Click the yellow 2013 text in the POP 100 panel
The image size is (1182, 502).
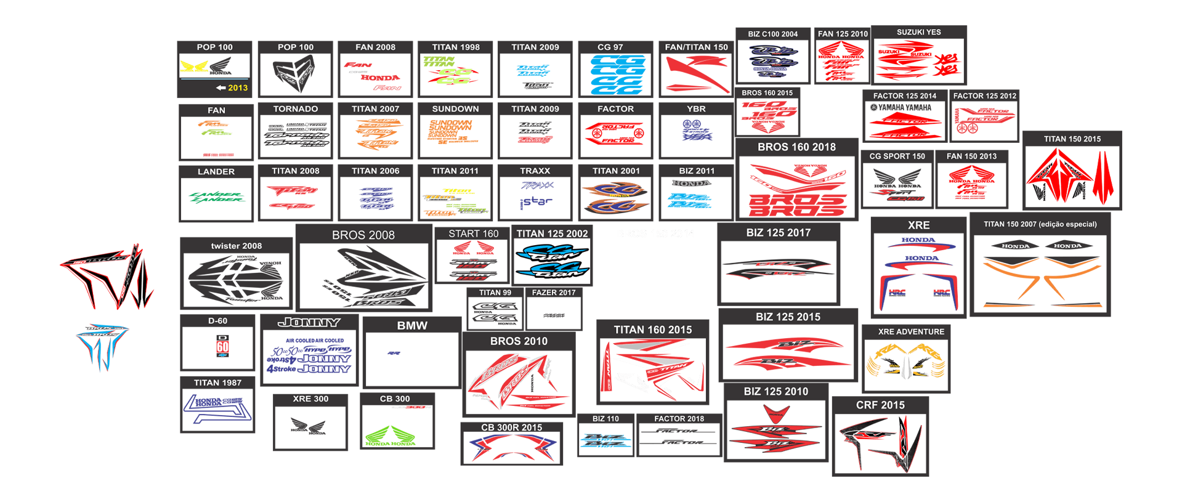[237, 88]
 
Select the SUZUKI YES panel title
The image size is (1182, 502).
[918, 32]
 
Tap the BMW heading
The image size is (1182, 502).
[412, 325]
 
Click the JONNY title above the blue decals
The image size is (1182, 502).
[309, 322]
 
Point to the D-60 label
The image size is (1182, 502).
[217, 321]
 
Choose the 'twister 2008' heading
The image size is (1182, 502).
[237, 246]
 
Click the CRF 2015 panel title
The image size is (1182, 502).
[880, 405]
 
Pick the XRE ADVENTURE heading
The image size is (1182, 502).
[911, 331]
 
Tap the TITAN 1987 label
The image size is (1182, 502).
[217, 383]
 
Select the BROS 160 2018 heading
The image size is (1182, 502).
[796, 147]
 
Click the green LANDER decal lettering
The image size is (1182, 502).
[216, 197]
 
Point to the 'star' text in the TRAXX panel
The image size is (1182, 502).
[538, 201]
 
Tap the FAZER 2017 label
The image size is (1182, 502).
[554, 293]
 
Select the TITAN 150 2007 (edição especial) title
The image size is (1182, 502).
[1040, 224]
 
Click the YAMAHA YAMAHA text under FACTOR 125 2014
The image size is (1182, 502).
[904, 107]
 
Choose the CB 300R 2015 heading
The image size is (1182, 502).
[511, 427]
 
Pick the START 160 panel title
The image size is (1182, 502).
[473, 233]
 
